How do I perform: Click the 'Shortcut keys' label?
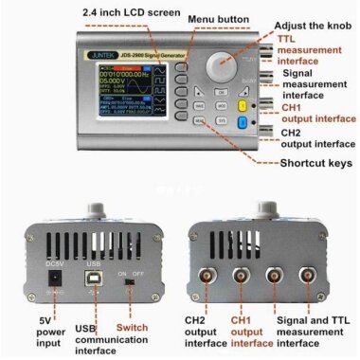(315, 162)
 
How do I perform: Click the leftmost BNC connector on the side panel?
(209, 277)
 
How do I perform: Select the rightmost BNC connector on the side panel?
(309, 277)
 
